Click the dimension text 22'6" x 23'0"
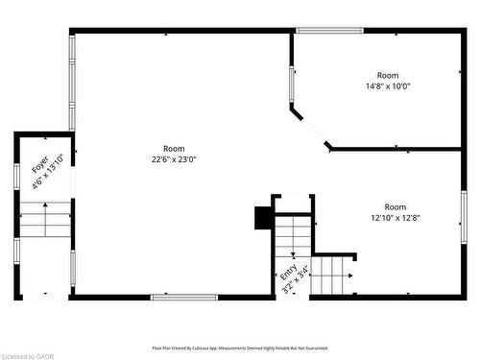(174, 160)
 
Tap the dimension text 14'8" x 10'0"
(387, 86)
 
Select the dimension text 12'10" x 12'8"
(396, 218)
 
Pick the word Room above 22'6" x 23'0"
(174, 149)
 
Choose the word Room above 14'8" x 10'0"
(387, 75)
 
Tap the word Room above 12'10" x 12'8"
(396, 206)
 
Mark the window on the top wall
(328, 31)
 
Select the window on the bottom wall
(183, 297)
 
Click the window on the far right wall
(463, 217)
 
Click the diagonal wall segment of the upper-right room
(311, 131)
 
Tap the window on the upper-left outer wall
(71, 82)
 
